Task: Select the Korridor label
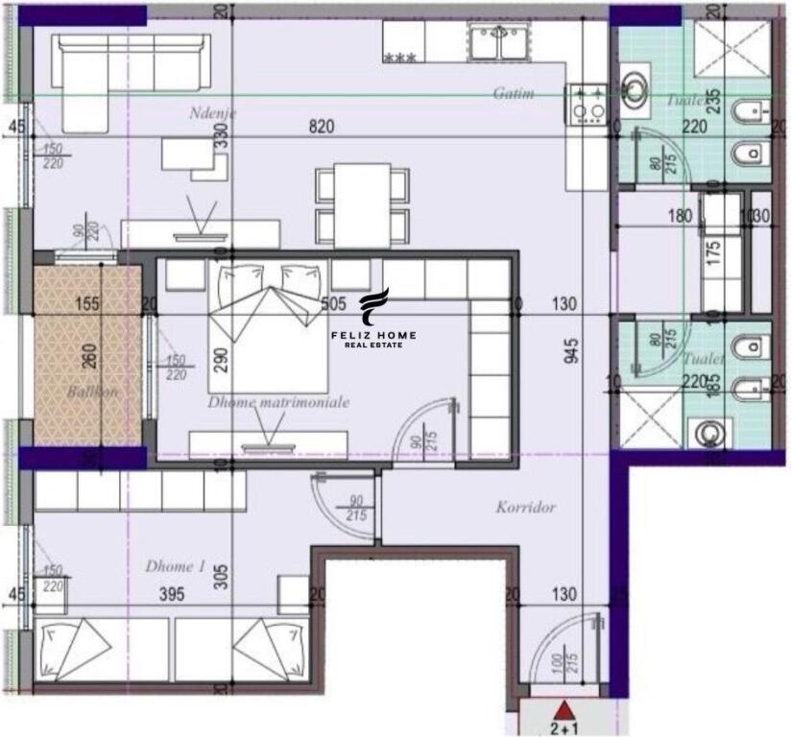pyautogui.click(x=526, y=507)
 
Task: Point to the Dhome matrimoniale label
pyautogui.click(x=278, y=402)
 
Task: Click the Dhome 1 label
pyautogui.click(x=175, y=566)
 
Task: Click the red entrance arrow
pyautogui.click(x=566, y=711)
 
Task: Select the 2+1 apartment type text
pyautogui.click(x=566, y=727)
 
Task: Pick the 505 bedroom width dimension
pyautogui.click(x=333, y=305)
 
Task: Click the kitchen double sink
pyautogui.click(x=497, y=41)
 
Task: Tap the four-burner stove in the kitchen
pyautogui.click(x=587, y=105)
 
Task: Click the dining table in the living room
pyautogui.click(x=362, y=202)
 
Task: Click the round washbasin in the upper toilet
pyautogui.click(x=634, y=87)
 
